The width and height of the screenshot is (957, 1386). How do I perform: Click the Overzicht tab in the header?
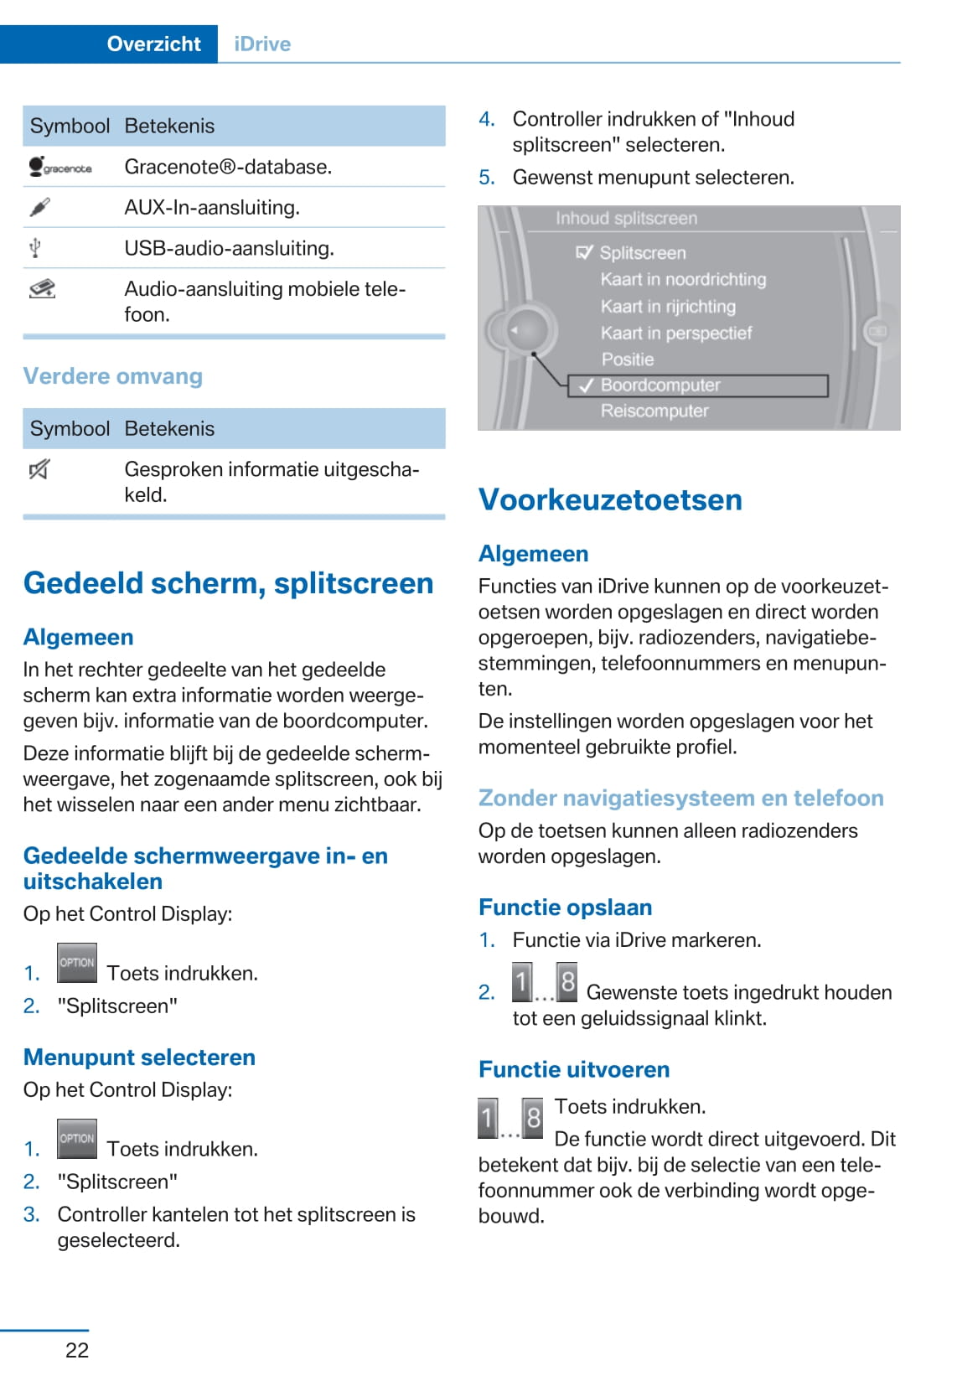[153, 44]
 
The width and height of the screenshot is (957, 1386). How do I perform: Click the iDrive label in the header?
[262, 44]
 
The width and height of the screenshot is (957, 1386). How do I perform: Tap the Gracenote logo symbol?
[59, 167]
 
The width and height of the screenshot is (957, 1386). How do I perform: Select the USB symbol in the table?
[35, 248]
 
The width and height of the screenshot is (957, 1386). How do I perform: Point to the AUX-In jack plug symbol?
[39, 207]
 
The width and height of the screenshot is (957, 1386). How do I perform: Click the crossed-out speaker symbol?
[39, 469]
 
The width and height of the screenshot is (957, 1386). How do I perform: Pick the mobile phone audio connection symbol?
[42, 289]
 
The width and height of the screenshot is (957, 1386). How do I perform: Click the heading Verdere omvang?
[112, 376]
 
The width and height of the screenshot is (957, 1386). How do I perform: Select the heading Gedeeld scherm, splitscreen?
[228, 583]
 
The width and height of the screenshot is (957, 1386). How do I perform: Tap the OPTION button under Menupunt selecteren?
[77, 1139]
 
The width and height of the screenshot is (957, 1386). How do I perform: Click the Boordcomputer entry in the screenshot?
[660, 385]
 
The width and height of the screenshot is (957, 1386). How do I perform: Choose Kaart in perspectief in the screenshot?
[675, 334]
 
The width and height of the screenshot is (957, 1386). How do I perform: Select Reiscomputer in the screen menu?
[654, 411]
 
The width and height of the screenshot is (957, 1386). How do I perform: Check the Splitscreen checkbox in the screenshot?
[585, 252]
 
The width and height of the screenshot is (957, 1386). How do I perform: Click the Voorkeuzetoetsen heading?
[610, 500]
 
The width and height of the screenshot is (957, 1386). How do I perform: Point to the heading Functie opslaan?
[565, 908]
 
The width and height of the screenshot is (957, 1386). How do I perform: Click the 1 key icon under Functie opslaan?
[522, 982]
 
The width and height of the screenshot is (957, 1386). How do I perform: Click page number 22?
[77, 1350]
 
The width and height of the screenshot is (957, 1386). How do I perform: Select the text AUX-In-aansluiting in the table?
[211, 208]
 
